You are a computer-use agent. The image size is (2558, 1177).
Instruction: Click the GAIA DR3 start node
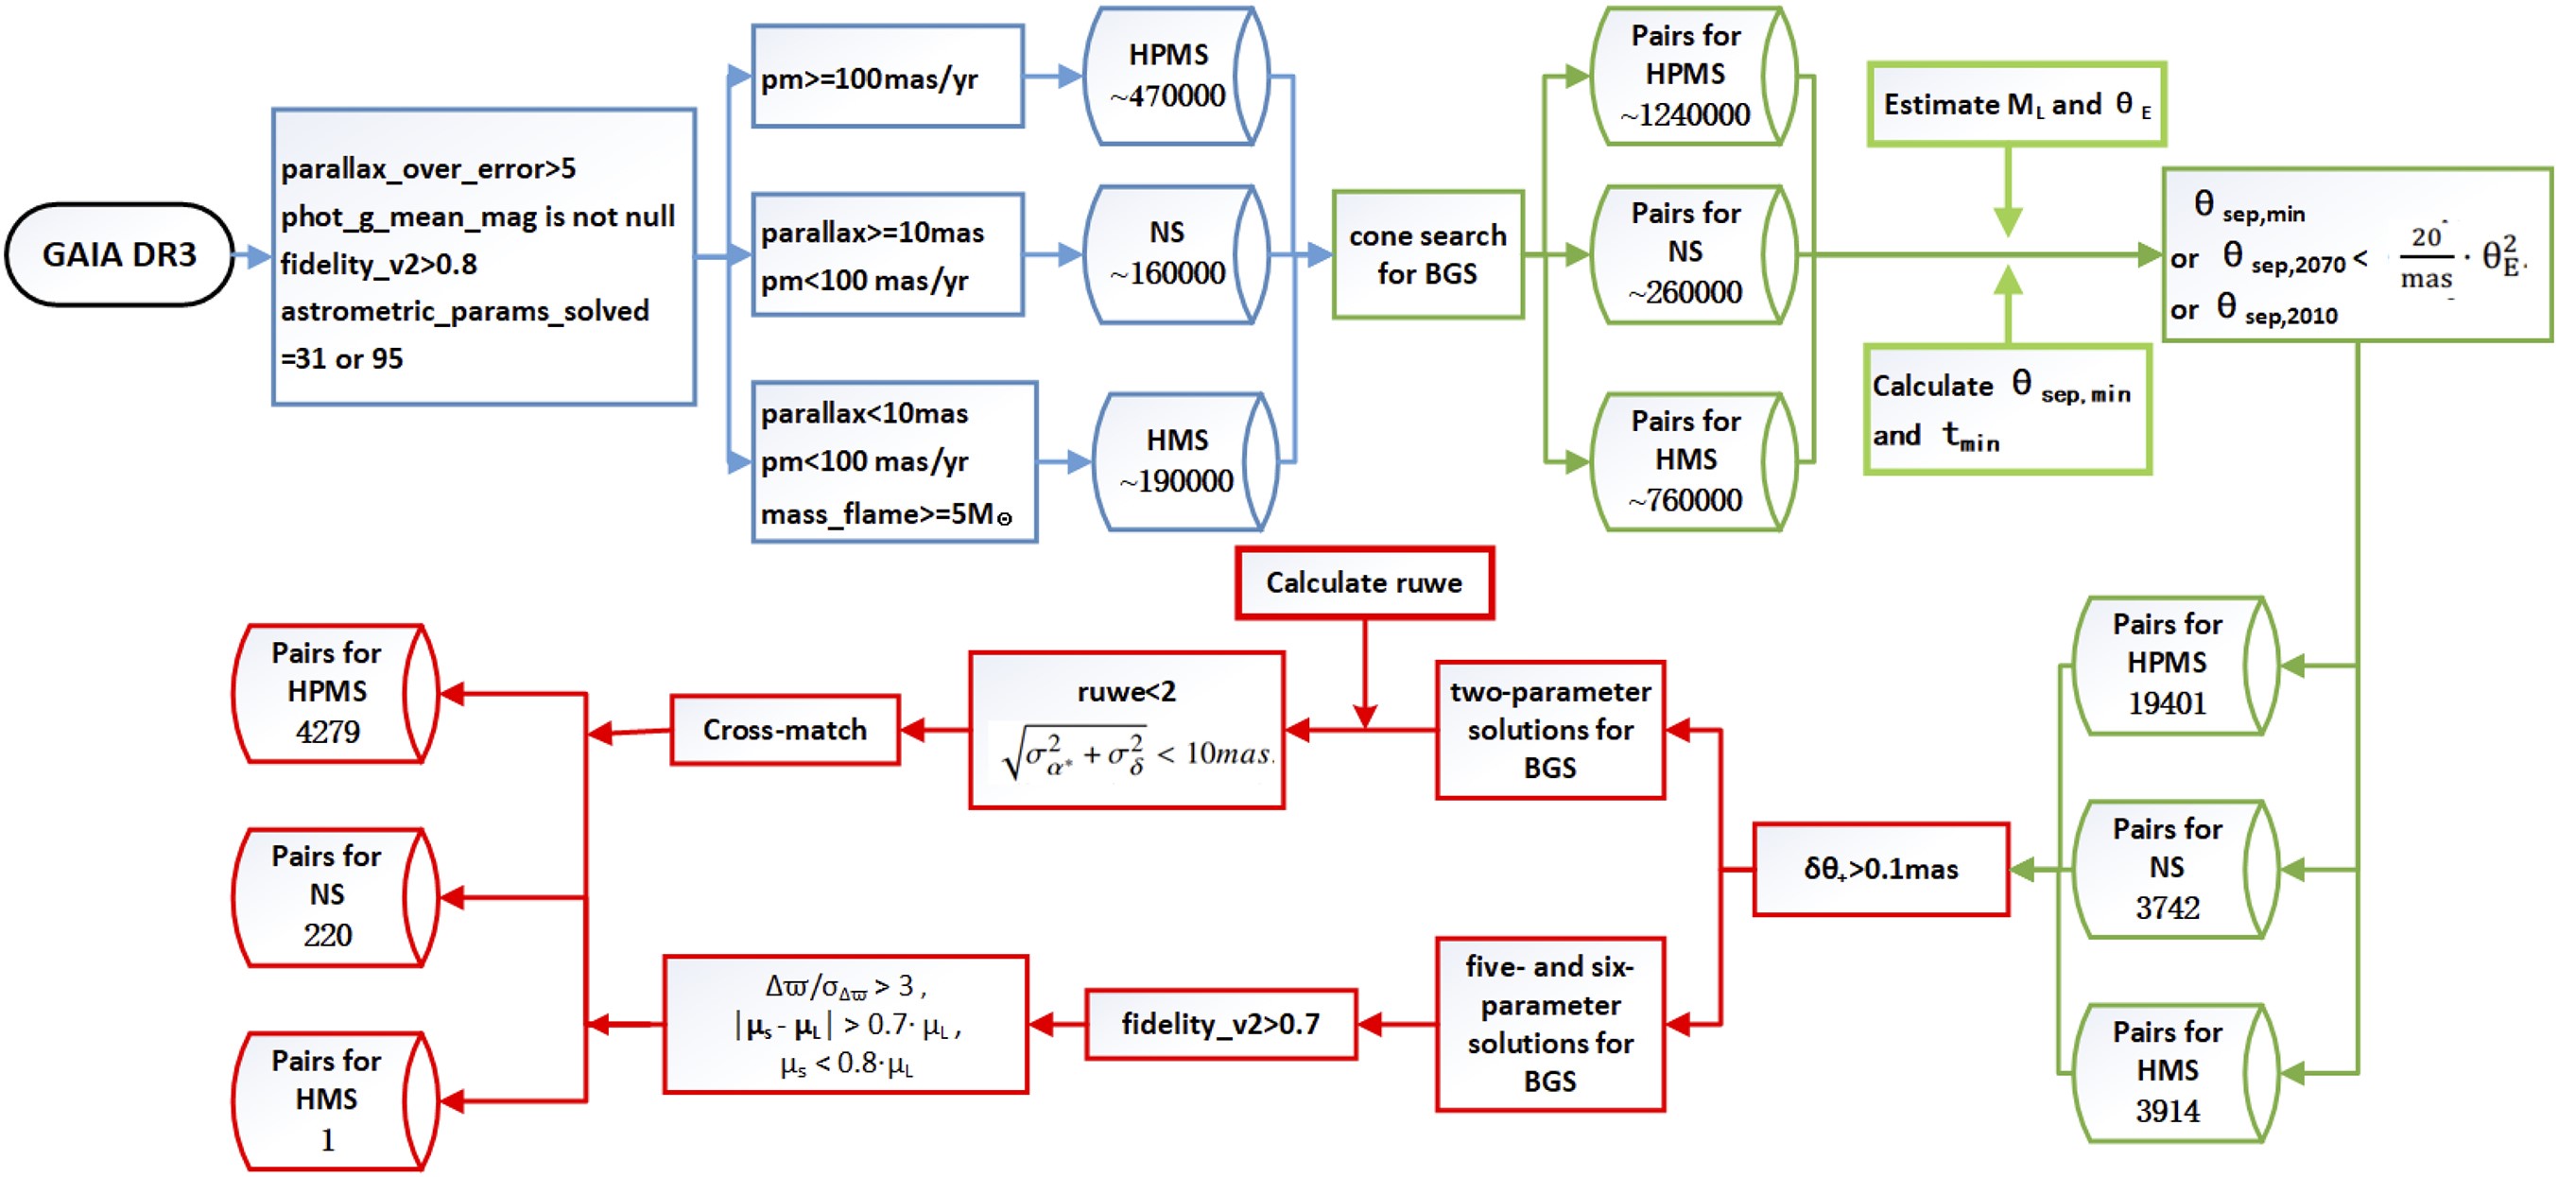119,254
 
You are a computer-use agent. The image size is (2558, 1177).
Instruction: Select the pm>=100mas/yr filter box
887,77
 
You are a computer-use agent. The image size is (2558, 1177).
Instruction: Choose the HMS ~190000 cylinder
1179,460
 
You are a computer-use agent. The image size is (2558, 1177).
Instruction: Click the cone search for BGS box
1427,254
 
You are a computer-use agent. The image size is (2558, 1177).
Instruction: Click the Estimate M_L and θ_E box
2015,104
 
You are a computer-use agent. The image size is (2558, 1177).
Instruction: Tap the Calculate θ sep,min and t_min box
2007,409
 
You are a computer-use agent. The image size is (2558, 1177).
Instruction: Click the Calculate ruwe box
1364,583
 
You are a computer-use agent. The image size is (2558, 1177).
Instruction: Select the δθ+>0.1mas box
1881,869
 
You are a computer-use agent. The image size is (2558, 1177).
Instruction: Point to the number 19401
2167,703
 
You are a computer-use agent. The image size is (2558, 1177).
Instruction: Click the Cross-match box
785,730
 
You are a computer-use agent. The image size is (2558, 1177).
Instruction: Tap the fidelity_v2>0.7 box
1220,1024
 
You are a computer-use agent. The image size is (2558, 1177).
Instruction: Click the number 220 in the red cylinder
328,935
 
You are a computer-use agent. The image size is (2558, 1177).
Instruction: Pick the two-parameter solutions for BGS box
1550,730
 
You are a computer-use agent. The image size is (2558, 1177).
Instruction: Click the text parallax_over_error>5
428,169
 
